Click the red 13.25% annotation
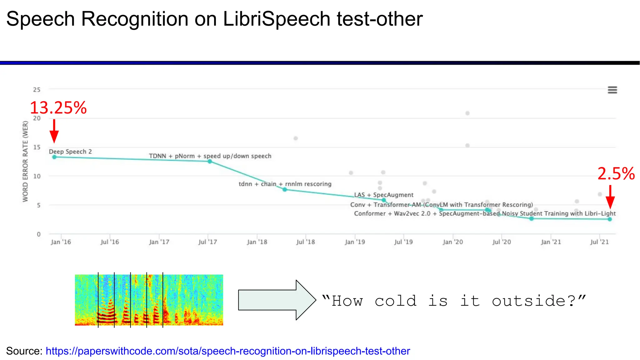tap(58, 108)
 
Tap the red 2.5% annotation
tap(616, 174)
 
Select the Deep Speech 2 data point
tap(54, 157)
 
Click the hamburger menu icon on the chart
tap(612, 90)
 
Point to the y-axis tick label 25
tap(37, 90)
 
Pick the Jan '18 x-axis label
tap(257, 242)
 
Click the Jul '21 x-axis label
tap(599, 242)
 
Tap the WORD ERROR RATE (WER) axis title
tap(25, 161)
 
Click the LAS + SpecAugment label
tap(383, 195)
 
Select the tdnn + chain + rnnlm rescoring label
tap(285, 184)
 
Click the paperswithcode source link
tap(227, 351)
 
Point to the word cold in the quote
tap(396, 301)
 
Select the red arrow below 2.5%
tap(610, 197)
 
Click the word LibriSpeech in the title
tap(276, 19)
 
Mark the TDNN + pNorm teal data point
tap(210, 161)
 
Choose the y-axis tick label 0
tap(38, 234)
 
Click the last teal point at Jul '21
tap(610, 219)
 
